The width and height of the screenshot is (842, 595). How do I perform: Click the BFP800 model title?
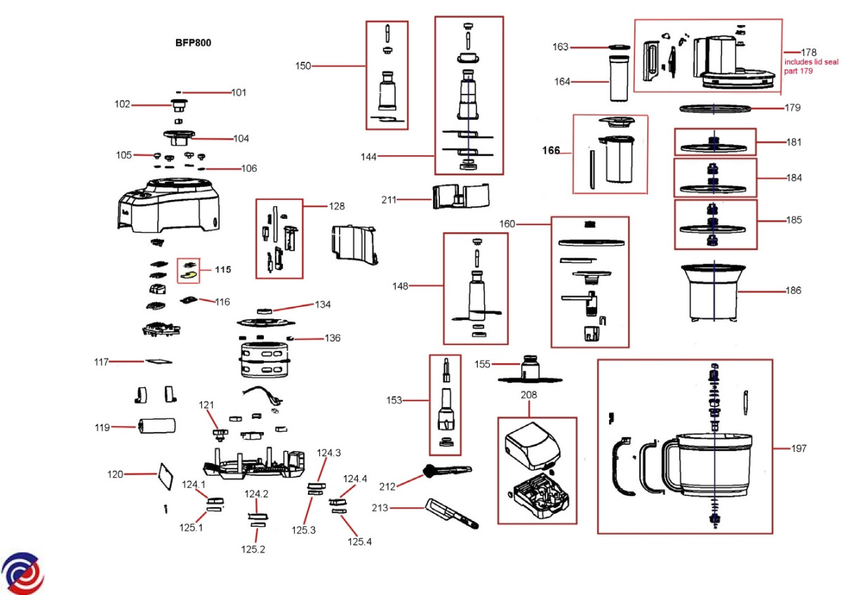coord(193,42)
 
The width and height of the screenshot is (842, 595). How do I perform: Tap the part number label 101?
coord(239,92)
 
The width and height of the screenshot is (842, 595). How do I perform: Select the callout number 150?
coord(302,66)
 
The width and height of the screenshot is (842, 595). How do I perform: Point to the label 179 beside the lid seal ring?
coord(792,108)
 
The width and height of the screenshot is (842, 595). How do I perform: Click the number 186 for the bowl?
coord(794,290)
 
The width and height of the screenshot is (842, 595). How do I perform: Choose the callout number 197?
coord(798,448)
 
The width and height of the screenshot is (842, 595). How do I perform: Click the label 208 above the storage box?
coord(528,395)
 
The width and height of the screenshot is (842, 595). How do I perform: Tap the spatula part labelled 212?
coord(447,471)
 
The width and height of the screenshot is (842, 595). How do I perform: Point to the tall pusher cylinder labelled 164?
coord(618,79)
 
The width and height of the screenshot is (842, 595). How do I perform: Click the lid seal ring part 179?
coord(714,108)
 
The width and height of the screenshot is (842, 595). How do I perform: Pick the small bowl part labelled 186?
coord(714,294)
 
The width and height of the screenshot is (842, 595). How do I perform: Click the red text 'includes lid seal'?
coord(810,62)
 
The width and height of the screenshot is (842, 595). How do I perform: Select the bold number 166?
coord(551,150)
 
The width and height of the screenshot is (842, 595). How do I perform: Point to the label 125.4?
coord(359,541)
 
